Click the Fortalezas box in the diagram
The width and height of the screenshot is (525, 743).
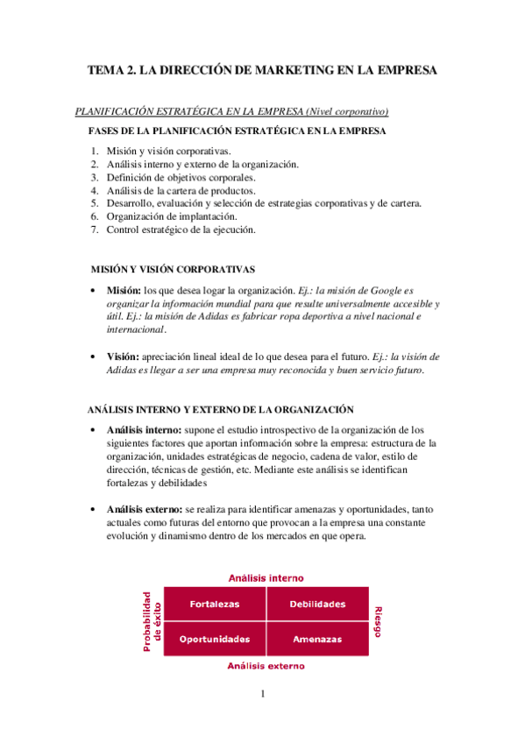[x=215, y=604]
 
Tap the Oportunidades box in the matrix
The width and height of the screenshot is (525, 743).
[x=215, y=639]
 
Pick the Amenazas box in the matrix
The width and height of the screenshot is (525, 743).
[x=316, y=639]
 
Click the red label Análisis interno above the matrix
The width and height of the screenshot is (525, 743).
[x=266, y=577]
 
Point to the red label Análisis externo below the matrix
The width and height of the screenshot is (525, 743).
[x=266, y=666]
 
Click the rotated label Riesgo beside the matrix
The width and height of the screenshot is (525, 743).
[x=378, y=620]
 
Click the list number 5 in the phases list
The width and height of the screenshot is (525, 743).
[x=94, y=203]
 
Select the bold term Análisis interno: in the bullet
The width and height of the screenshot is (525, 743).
[x=144, y=429]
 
